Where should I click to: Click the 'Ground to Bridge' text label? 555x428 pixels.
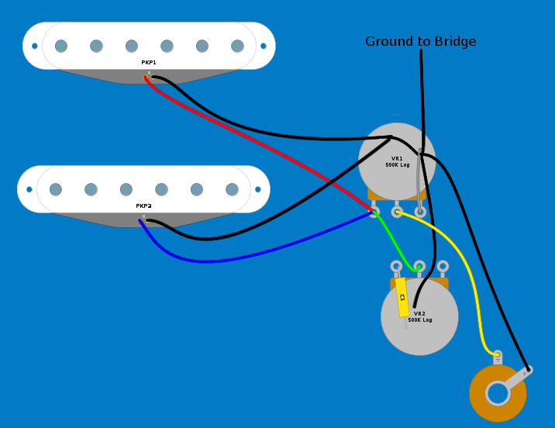420,41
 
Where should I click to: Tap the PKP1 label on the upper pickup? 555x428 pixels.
148,62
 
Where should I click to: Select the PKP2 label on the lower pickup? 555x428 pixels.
143,206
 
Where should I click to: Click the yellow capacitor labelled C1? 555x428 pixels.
402,297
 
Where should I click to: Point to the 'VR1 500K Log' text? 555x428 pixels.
397,161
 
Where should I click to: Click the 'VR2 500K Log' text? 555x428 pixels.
419,317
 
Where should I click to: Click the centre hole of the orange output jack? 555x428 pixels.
498,394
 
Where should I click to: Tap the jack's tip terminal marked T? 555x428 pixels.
498,357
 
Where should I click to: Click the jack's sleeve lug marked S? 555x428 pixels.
526,371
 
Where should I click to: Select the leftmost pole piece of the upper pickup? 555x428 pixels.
61,46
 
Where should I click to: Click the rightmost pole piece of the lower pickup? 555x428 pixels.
232,189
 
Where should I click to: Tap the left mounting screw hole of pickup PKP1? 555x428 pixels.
35,46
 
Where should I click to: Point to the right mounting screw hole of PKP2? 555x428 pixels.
258,188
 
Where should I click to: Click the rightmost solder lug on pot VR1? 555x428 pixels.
420,211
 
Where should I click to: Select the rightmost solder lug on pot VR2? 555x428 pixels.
443,267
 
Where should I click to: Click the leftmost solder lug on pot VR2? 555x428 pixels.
396,267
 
